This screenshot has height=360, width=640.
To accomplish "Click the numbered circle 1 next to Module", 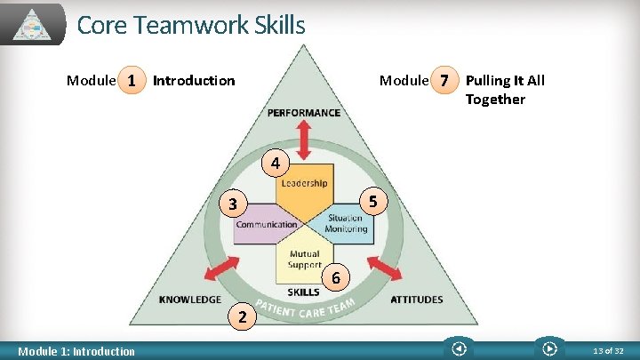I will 132,81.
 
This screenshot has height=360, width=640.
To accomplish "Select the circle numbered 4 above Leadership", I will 276,164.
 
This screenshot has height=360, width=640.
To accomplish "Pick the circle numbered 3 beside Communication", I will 232,204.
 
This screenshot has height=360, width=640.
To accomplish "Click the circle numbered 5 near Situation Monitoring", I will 374,202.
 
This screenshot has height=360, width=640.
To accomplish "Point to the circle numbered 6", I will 335,277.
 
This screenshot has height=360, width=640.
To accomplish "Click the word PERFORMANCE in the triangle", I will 303,113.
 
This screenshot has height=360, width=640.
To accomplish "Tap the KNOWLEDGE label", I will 190,300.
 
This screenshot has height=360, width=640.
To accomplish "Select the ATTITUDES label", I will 416,300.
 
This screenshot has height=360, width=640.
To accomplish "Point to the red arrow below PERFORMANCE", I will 303,140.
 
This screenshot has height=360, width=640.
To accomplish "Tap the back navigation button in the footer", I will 459,348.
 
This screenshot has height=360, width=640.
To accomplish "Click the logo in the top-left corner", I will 33,25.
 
